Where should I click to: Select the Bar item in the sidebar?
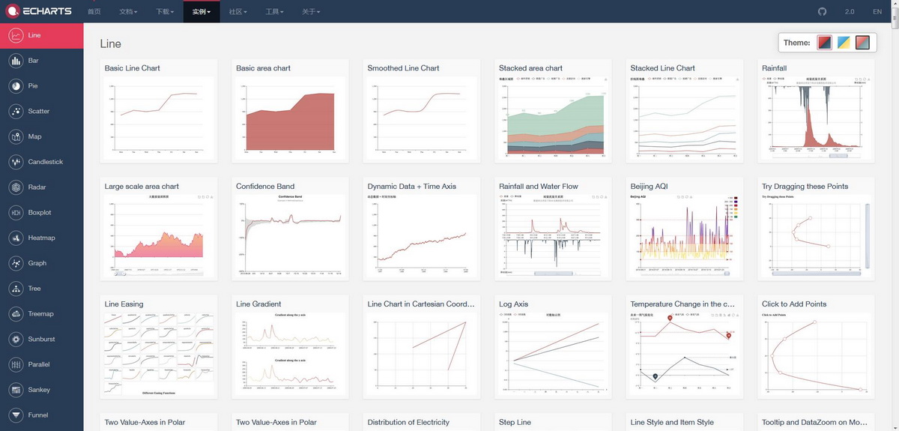coord(33,61)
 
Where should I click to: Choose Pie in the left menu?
coord(32,86)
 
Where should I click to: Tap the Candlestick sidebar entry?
coord(45,162)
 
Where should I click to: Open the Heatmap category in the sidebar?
coord(41,238)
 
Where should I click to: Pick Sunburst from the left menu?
coord(41,339)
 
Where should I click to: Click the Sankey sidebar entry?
coord(39,390)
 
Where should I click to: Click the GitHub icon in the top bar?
coord(822,12)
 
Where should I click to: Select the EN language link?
coord(877,12)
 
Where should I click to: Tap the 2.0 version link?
coord(850,12)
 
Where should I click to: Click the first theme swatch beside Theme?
coord(824,43)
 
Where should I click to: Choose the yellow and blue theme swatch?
coord(844,43)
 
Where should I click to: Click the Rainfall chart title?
coord(774,68)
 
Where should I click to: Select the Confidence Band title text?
coord(265,187)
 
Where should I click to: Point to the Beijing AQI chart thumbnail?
coord(685,236)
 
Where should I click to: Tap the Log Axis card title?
coord(513,304)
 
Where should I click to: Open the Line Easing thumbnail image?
coord(159,354)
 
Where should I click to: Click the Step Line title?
coord(515,422)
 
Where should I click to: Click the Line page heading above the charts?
coord(110,43)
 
